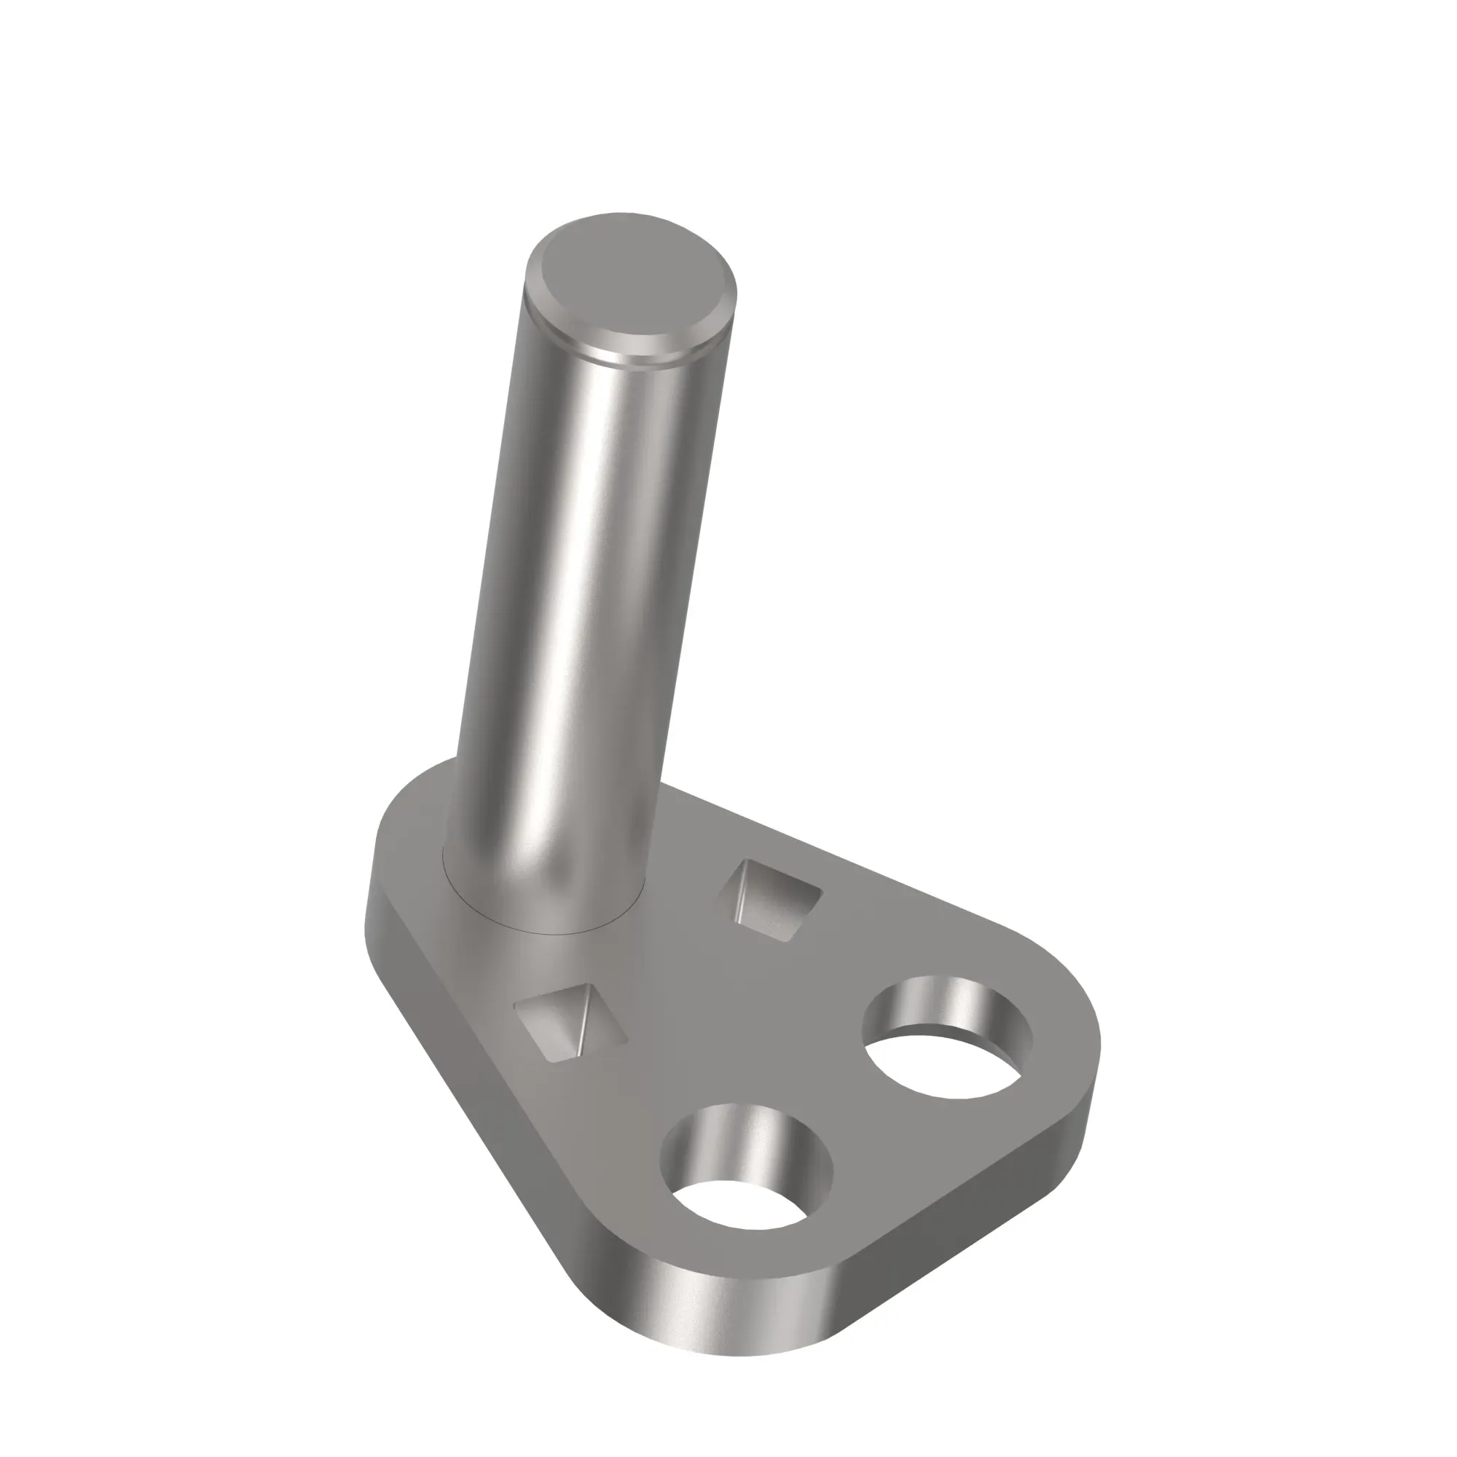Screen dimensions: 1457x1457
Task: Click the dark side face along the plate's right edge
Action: pos(981,1206)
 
